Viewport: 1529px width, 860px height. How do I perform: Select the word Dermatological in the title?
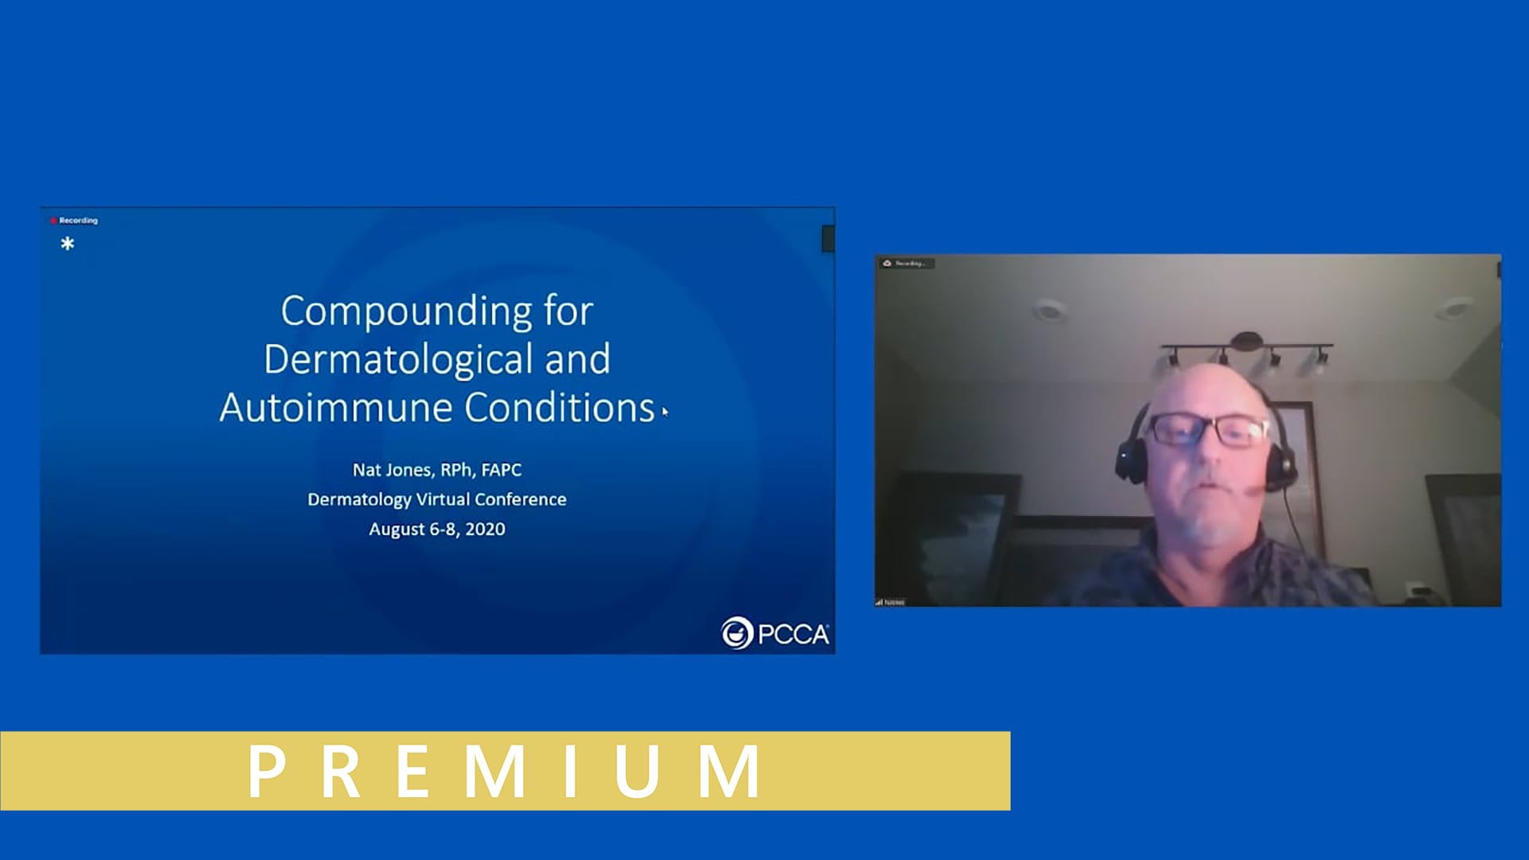coord(398,359)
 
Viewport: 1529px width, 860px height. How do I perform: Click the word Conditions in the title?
coord(559,408)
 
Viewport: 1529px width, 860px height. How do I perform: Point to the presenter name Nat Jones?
coord(392,470)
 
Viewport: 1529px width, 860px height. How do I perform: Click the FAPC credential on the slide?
coord(501,470)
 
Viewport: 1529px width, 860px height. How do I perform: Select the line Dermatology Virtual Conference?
coord(436,499)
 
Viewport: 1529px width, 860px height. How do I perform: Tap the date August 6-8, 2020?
coord(436,529)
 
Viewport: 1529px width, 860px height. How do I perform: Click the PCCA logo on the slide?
coord(775,633)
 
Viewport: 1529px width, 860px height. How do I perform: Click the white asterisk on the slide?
coord(68,244)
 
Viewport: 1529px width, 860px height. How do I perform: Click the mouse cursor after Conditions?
coord(665,412)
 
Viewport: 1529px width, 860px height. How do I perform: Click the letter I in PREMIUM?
coord(570,771)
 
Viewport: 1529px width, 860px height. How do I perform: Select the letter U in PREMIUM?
coord(637,771)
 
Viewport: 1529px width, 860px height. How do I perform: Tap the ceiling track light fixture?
coord(1246,350)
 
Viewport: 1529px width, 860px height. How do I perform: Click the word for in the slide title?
coord(569,311)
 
